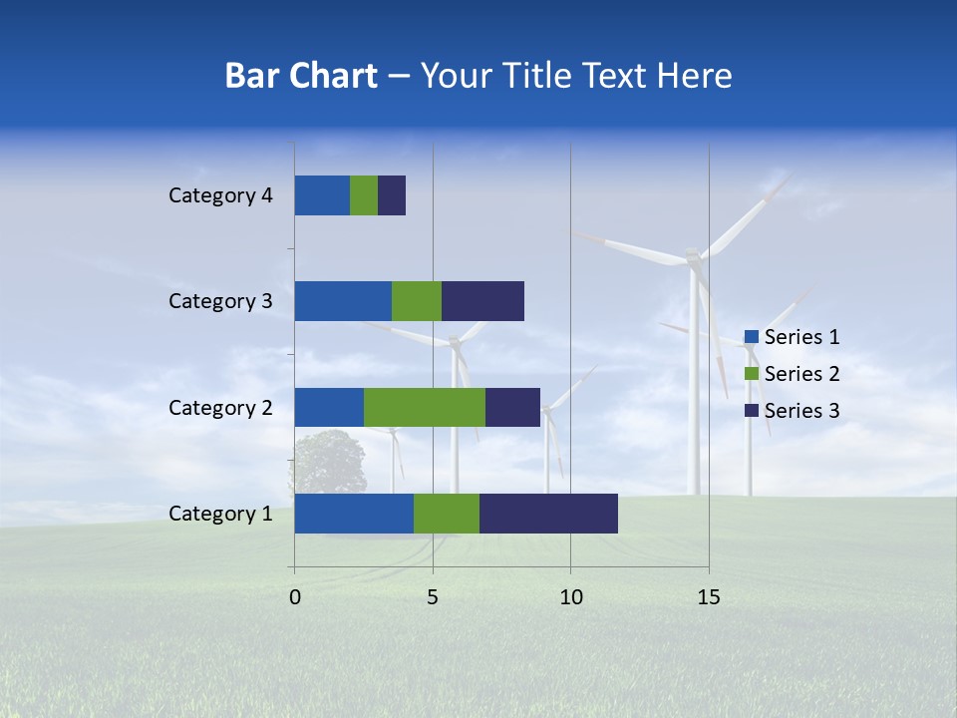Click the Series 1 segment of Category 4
(x=322, y=195)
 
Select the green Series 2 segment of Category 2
(x=425, y=407)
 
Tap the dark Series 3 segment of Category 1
(x=548, y=514)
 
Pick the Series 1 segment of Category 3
(x=343, y=301)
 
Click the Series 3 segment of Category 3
(x=482, y=301)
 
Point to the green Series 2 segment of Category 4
(x=364, y=195)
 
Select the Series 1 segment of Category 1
(x=354, y=514)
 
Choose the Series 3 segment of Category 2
(x=512, y=407)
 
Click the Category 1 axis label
(x=220, y=514)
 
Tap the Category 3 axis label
(x=220, y=301)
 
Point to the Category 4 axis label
(x=220, y=195)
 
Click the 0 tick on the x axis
(x=295, y=597)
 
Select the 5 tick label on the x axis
(x=433, y=597)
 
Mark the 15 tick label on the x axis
(x=708, y=597)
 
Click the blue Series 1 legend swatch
(x=752, y=337)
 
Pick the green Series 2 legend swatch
(x=752, y=374)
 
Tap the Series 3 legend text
(x=801, y=411)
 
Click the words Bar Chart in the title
(x=301, y=76)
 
